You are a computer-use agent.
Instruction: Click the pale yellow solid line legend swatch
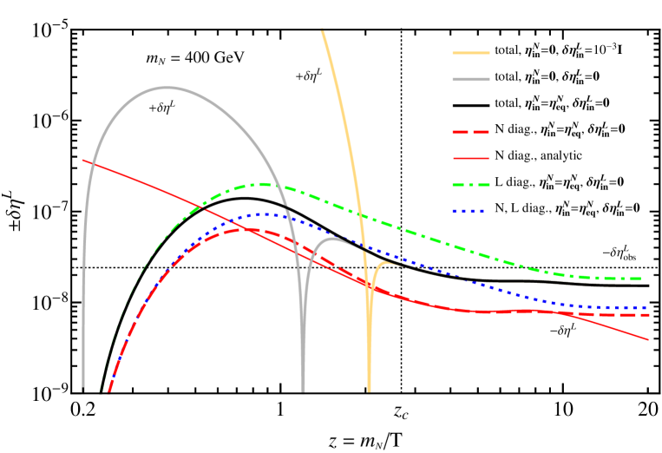coord(471,53)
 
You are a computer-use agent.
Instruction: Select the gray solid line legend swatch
coord(471,80)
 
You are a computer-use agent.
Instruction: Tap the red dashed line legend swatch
coord(471,132)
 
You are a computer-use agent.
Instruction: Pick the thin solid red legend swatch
coord(471,159)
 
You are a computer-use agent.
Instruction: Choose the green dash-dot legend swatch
coord(471,185)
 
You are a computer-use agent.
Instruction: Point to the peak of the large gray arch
coord(167,87)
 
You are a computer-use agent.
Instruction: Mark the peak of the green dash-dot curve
coord(262,184)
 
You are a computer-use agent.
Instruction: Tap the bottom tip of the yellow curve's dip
coord(369,391)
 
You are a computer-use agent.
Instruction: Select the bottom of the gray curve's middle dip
coord(303,391)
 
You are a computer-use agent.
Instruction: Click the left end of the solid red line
coord(83,160)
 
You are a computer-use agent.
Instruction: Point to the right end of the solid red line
coord(648,339)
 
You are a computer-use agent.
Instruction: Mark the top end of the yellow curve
coord(322,30)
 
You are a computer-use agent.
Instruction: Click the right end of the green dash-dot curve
coord(648,279)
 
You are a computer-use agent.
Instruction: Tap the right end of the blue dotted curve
coord(648,307)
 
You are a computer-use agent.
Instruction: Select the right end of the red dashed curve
coord(648,315)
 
